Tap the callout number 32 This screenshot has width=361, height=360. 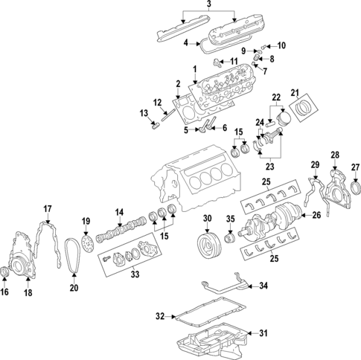(x=160, y=317)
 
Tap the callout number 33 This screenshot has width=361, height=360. (x=134, y=274)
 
